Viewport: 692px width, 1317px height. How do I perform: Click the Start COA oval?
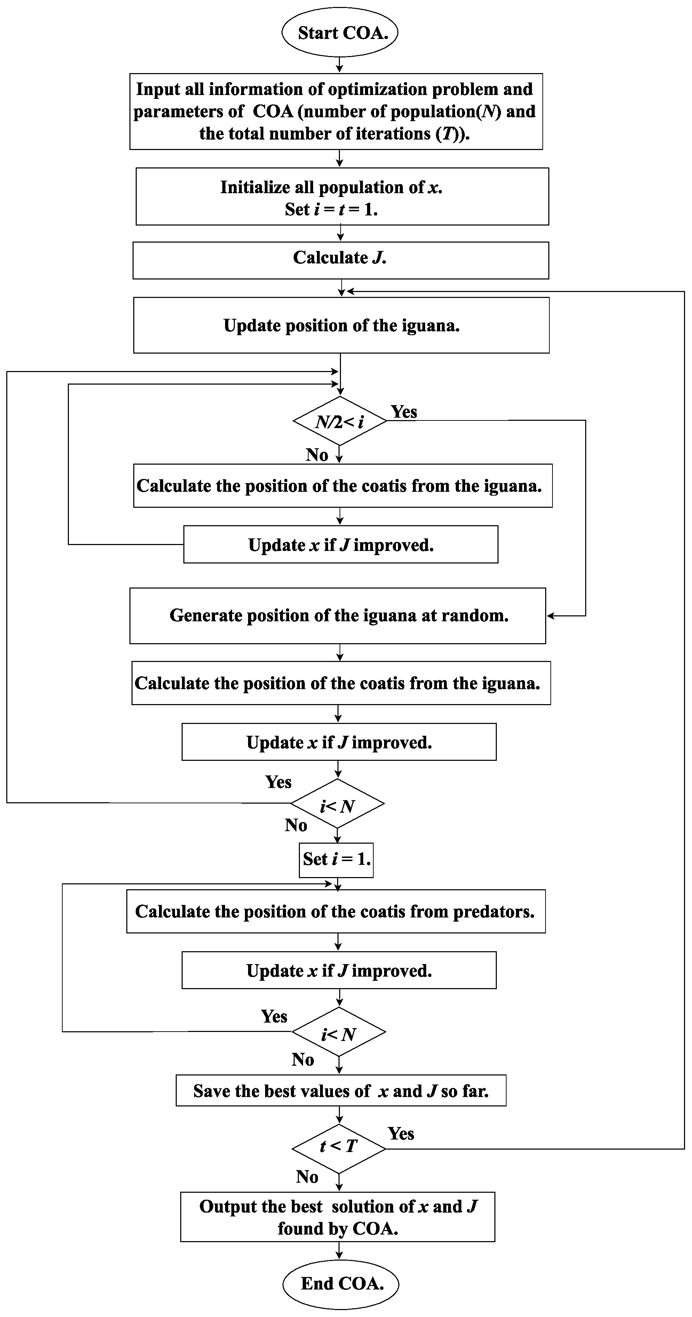340,32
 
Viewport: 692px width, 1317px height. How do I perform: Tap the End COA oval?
341,1283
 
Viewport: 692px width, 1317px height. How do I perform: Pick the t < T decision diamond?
338,1157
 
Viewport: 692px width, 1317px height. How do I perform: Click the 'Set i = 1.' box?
336,859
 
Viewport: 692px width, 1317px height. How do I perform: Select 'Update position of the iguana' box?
341,325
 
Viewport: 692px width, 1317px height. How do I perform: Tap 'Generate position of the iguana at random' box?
338,616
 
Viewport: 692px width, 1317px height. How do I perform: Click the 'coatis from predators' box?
336,912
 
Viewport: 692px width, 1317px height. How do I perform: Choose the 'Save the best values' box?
341,1091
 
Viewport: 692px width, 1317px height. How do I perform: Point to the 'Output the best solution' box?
338,1217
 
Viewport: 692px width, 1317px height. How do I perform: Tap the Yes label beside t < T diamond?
401,1134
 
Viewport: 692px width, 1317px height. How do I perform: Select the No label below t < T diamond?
307,1177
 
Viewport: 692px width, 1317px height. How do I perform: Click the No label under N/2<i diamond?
317,455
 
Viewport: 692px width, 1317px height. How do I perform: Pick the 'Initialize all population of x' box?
342,197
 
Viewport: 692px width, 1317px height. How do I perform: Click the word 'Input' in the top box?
158,89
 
